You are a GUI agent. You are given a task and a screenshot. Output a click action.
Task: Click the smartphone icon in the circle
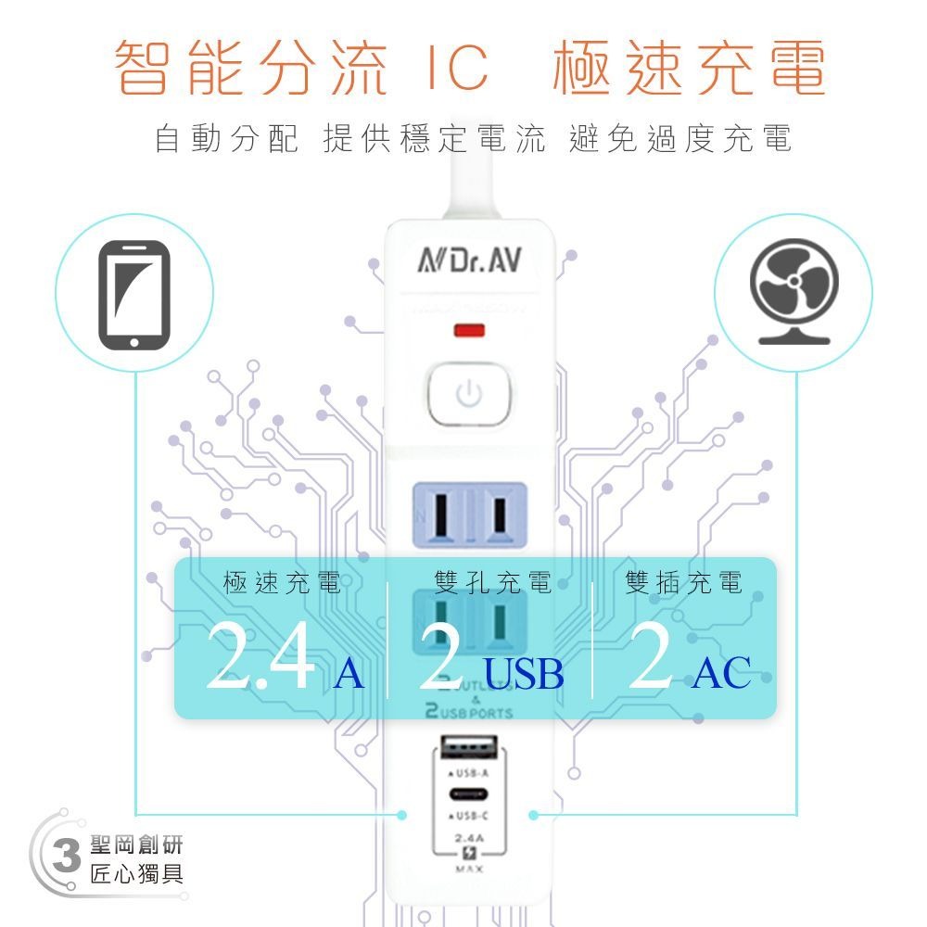(x=133, y=296)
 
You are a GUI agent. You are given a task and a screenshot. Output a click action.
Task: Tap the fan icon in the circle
(x=794, y=291)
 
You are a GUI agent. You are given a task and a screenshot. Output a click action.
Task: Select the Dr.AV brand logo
(x=469, y=262)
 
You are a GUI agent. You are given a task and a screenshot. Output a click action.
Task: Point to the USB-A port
(x=469, y=746)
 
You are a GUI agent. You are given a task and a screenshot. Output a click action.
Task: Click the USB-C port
(x=469, y=794)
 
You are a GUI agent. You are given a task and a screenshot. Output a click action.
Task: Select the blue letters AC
(x=720, y=672)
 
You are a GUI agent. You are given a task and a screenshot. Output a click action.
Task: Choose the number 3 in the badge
(x=65, y=858)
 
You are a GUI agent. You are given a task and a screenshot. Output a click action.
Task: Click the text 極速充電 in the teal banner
(x=282, y=583)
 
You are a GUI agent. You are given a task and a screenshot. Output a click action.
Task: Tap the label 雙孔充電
(x=492, y=583)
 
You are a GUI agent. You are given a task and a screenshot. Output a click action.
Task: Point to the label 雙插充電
(x=684, y=583)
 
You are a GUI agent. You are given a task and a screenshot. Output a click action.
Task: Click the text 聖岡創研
(x=136, y=844)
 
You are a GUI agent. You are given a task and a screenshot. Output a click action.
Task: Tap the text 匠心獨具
(x=136, y=873)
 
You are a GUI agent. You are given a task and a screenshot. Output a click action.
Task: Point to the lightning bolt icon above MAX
(x=468, y=855)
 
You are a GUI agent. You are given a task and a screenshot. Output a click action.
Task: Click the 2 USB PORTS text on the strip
(x=468, y=713)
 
